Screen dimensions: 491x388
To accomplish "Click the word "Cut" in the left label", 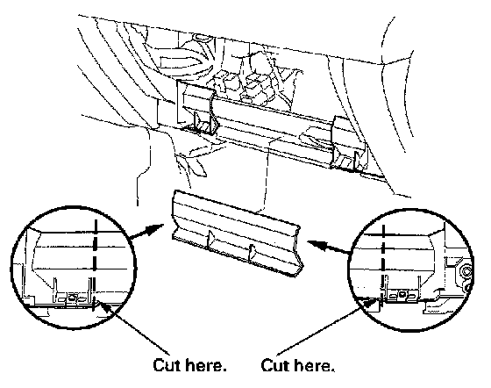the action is tap(167, 365).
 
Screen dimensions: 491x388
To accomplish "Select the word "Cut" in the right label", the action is tap(274, 365).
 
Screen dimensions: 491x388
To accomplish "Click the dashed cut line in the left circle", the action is tap(95, 265).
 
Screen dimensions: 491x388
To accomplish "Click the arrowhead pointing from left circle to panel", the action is tap(155, 229).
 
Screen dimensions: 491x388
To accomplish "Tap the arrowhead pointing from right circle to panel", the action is tap(317, 244).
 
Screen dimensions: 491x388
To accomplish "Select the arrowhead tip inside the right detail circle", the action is tap(379, 298).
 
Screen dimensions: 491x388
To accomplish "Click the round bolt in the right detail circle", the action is tap(466, 271).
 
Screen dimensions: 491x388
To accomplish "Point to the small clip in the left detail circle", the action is tap(72, 298).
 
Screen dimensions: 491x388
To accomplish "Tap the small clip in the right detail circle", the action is tap(402, 295).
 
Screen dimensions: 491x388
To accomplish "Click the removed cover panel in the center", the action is tap(236, 234).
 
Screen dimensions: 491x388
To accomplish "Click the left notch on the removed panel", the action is tap(210, 239).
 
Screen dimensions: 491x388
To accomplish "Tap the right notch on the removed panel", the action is tap(252, 253).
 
